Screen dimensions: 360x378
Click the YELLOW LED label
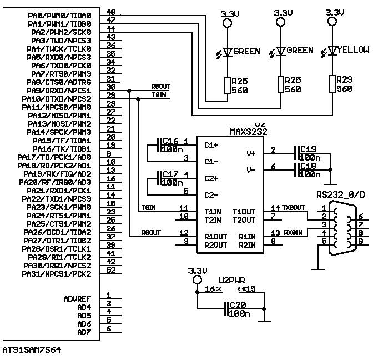[353, 50]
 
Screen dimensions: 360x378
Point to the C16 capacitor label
[170, 141]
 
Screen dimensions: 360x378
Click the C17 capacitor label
[170, 174]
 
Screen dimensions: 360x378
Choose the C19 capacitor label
[308, 149]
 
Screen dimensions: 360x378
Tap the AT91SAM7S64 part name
[32, 350]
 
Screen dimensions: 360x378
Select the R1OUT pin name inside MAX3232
[216, 237]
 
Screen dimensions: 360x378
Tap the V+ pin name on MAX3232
[250, 153]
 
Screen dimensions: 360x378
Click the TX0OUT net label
[294, 207]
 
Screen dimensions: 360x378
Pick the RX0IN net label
[293, 233]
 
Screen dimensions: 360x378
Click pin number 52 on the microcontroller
[111, 270]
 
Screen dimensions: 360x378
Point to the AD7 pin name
[84, 332]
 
